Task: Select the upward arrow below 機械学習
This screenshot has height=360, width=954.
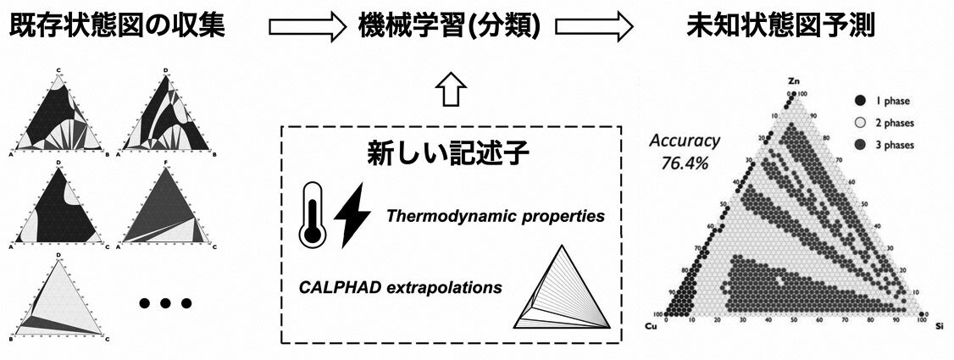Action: [x=448, y=89]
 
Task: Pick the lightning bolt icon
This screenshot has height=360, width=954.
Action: [x=351, y=215]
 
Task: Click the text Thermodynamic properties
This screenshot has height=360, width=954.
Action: [x=496, y=216]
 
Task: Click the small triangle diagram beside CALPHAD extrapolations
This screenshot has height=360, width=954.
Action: [x=563, y=287]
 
